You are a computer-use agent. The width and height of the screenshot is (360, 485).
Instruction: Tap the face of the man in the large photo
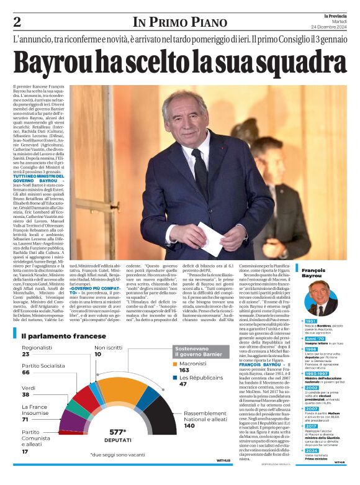coord(189,120)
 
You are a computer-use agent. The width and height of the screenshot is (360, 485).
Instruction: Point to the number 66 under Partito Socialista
coord(26,373)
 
